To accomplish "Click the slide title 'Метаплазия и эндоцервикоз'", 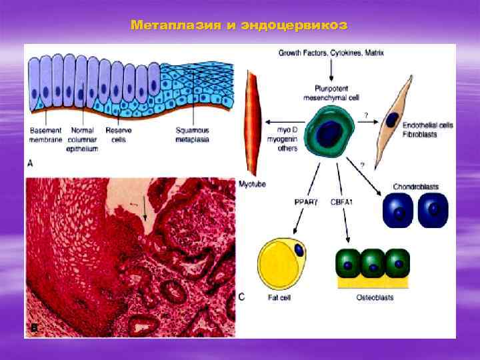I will click(x=239, y=26).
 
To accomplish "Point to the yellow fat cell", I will click(x=282, y=265).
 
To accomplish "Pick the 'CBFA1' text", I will click(x=343, y=200).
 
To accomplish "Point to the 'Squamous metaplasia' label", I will click(x=193, y=134).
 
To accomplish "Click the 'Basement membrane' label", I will click(x=45, y=134).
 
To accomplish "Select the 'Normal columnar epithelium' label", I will click(x=83, y=139).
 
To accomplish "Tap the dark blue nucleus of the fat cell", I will click(x=299, y=250).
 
